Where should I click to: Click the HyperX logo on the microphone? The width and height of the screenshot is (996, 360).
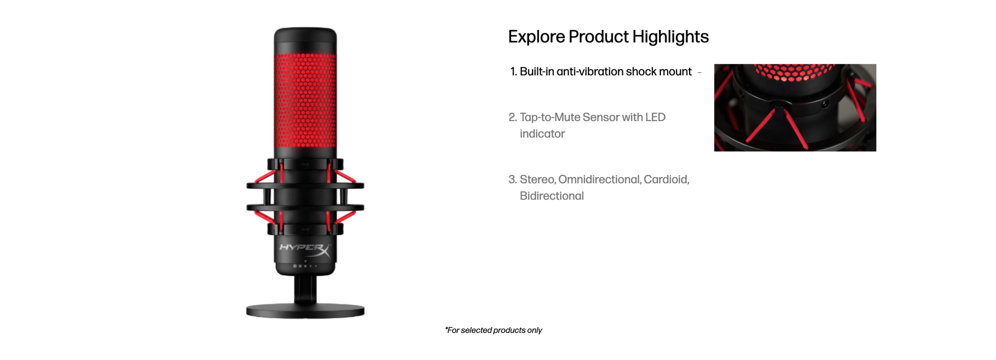pyautogui.click(x=305, y=249)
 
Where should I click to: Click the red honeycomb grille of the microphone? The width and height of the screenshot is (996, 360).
pyautogui.click(x=305, y=100)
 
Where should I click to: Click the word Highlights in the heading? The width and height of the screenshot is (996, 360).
pyautogui.click(x=670, y=37)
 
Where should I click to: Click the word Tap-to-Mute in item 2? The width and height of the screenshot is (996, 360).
pyautogui.click(x=549, y=117)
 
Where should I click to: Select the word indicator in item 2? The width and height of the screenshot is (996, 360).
pyautogui.click(x=542, y=133)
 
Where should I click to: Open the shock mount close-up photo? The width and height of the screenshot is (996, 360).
pyautogui.click(x=795, y=107)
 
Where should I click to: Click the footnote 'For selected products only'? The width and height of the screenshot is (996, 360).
pyautogui.click(x=493, y=330)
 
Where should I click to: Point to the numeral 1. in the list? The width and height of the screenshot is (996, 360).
pyautogui.click(x=513, y=72)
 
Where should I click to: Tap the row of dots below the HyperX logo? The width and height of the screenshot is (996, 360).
pyautogui.click(x=305, y=266)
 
